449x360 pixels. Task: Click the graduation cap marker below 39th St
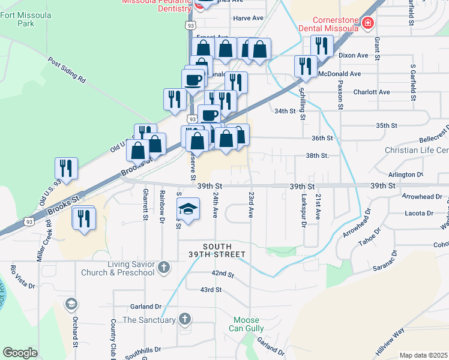(188, 209)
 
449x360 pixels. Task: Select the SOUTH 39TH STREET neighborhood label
(224, 250)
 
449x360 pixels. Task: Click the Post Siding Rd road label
(67, 70)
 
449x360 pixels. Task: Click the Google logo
(20, 353)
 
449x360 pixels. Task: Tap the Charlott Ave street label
(372, 92)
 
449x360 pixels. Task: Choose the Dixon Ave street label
(353, 55)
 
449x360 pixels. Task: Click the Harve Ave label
(249, 19)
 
